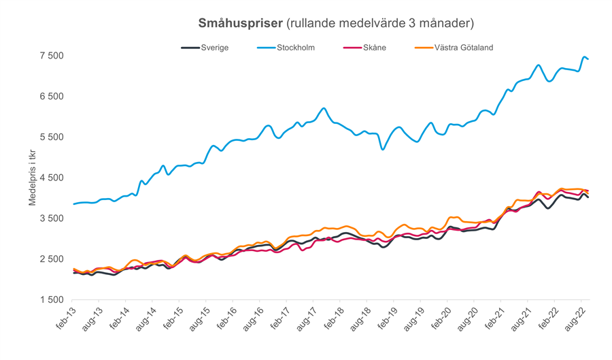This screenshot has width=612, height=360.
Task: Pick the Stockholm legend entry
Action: click(x=296, y=48)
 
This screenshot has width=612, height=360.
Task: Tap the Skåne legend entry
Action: click(x=373, y=48)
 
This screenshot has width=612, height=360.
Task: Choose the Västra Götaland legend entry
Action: click(x=463, y=48)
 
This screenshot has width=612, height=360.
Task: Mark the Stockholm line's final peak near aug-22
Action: click(x=584, y=57)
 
